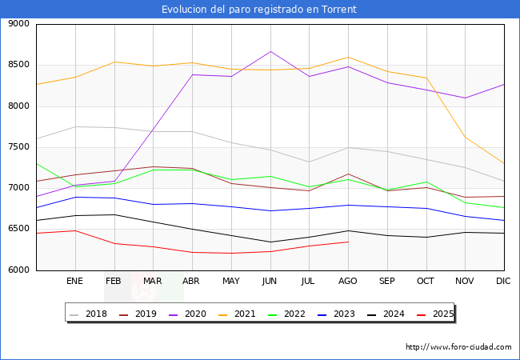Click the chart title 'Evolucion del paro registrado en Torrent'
point(259,10)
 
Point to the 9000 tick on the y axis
point(18,24)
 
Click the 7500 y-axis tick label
point(18,147)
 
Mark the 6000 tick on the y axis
point(18,270)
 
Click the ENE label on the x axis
point(75,282)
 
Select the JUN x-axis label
point(270,282)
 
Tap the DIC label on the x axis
point(503,282)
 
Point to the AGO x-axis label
point(348,282)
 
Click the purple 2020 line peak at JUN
point(270,52)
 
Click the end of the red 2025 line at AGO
point(348,242)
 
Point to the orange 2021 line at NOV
point(465,138)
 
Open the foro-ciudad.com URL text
point(458,347)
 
